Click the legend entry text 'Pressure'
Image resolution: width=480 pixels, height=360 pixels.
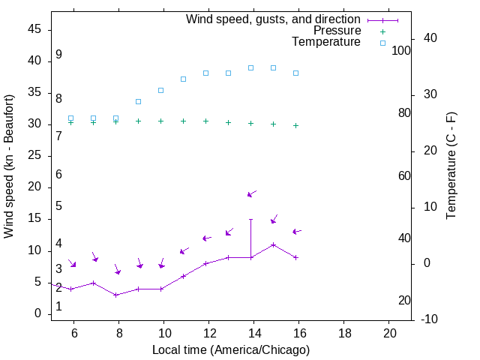[337, 31]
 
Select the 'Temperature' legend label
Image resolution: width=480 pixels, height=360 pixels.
[326, 42]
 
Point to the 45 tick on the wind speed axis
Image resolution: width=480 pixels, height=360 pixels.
[34, 30]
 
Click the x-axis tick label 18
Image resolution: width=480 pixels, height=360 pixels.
[344, 333]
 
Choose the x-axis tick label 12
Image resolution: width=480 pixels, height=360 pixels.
[209, 333]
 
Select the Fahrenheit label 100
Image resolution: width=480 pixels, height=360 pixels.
[401, 51]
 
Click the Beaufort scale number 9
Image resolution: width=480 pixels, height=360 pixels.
[58, 55]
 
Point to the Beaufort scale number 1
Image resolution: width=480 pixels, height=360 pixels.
[58, 307]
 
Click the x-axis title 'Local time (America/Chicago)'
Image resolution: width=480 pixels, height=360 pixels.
[230, 349]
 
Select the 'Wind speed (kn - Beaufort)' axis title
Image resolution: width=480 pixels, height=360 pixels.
[10, 166]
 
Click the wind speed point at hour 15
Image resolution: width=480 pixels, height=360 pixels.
[274, 244]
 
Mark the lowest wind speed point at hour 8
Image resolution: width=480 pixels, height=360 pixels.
[115, 295]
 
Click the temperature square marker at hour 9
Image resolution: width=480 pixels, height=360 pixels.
[138, 101]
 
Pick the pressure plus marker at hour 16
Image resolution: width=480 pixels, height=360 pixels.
[296, 125]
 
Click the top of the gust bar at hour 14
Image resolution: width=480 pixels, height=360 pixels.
[250, 220]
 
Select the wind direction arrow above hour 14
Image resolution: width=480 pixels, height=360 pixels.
[252, 193]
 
